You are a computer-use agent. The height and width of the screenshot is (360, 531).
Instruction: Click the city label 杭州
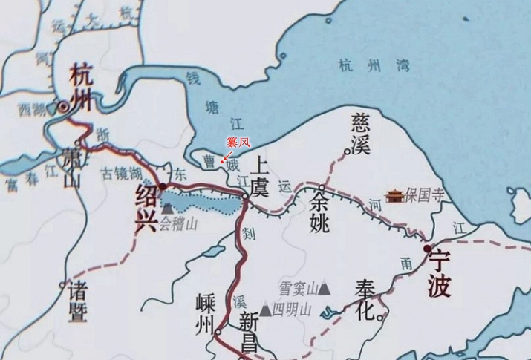82,86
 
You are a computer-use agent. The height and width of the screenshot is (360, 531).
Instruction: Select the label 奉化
363,300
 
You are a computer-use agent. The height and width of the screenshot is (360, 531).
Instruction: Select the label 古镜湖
123,174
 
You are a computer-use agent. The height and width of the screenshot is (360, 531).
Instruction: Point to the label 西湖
32,111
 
